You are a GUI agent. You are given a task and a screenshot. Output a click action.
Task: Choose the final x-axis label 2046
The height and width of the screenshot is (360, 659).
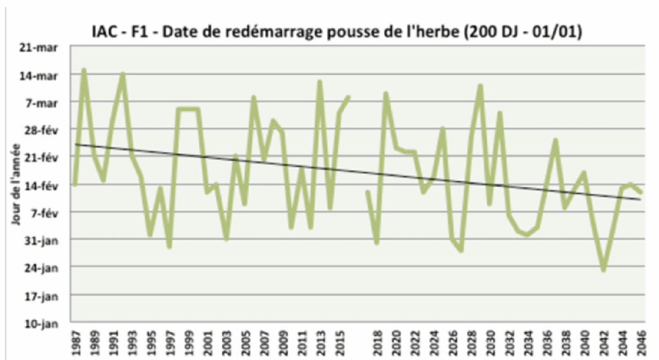coord(641,341)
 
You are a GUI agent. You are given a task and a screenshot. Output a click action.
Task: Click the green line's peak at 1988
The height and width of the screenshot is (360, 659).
coord(84,70)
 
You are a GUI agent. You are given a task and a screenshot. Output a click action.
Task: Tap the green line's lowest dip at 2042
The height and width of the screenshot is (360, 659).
coord(603,270)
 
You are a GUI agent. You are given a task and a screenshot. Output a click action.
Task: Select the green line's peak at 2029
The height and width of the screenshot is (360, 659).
coord(480,86)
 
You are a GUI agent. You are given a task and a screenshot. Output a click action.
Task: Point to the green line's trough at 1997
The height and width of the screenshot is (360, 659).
coord(169,246)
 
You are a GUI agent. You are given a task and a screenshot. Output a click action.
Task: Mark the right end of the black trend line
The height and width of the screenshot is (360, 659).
coord(640,199)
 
